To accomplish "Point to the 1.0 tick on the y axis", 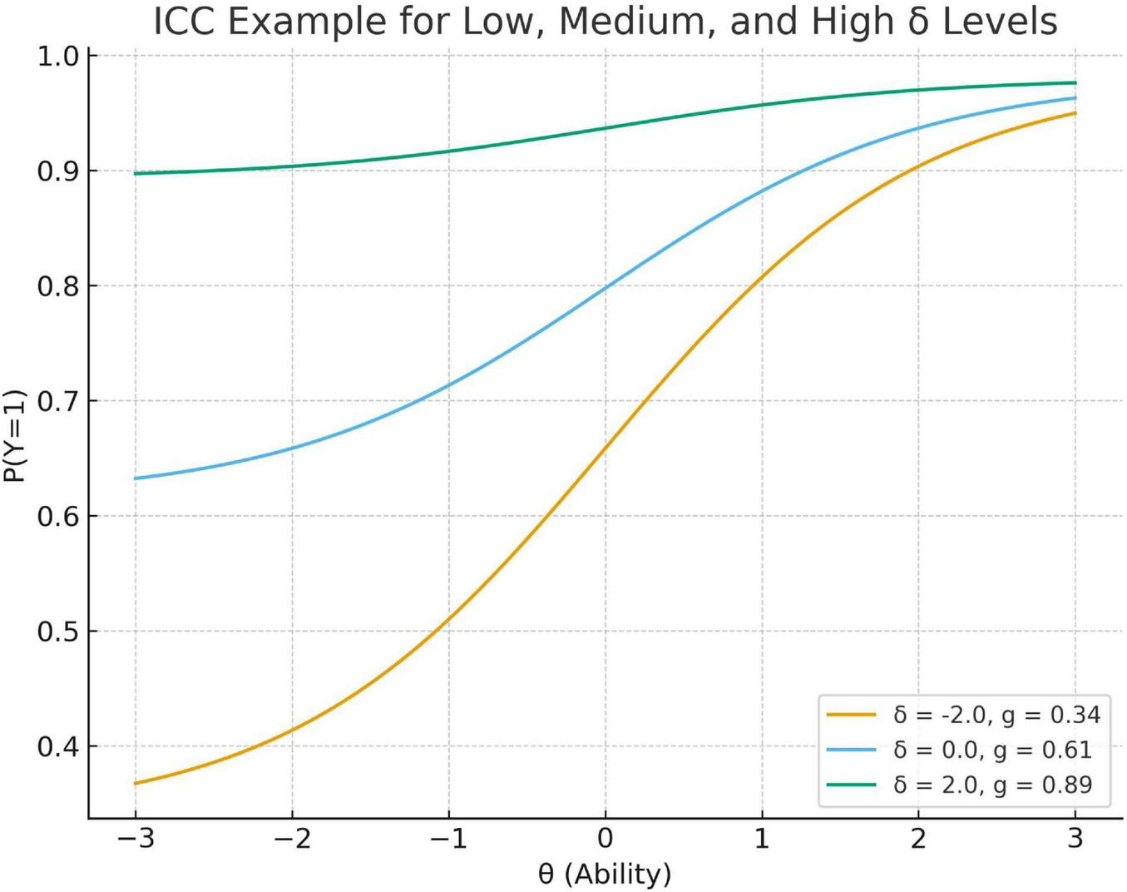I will tap(57, 57).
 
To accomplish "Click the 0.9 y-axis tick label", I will tap(57, 171).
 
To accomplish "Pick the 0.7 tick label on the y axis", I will tap(57, 402).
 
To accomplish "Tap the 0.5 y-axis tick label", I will tap(57, 632).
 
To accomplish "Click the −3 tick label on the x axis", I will tap(135, 838).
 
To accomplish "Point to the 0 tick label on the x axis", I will tap(606, 838).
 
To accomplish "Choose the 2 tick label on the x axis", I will tap(918, 838).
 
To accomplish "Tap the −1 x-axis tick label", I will tap(448, 838).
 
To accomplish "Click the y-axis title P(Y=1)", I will tap(15, 436).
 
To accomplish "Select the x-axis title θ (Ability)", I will tap(605, 874).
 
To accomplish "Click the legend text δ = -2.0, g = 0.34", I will tap(996, 715).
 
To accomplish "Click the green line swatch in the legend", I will tap(851, 785).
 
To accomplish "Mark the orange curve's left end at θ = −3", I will tap(136, 783).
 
